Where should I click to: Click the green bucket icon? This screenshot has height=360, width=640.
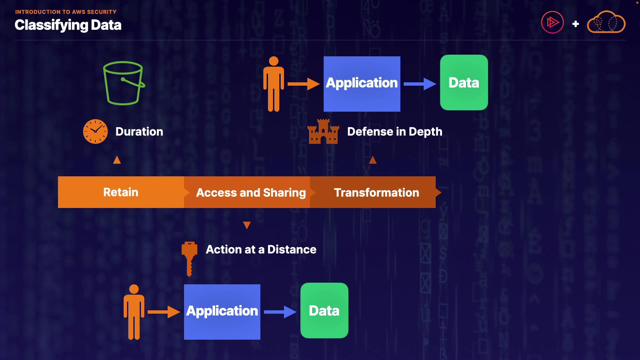coord(124,83)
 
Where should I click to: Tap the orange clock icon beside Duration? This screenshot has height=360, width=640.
coord(95,132)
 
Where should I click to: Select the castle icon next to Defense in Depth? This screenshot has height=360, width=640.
coord(323,132)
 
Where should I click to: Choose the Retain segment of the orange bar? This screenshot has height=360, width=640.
coord(121,192)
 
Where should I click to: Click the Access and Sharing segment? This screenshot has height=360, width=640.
coord(251,193)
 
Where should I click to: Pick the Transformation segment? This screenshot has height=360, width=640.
coord(376,193)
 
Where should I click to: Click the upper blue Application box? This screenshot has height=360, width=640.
coord(362,84)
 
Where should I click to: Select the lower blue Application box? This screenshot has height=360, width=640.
coord(222,312)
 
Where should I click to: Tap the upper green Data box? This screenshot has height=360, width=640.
coord(464,83)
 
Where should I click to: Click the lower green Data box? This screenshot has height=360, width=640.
coord(324,311)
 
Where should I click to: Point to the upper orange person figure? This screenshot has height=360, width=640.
coord(274,84)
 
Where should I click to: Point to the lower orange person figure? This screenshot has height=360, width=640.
coord(134,312)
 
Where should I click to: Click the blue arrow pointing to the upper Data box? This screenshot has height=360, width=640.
coord(420,84)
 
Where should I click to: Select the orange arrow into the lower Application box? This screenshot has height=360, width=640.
coord(164,312)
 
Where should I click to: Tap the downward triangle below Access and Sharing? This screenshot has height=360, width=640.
coord(247,225)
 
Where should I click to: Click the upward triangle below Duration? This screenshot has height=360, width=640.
coord(117,160)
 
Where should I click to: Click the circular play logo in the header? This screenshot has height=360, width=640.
coord(552,22)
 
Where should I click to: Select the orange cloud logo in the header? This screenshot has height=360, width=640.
coord(606,22)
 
